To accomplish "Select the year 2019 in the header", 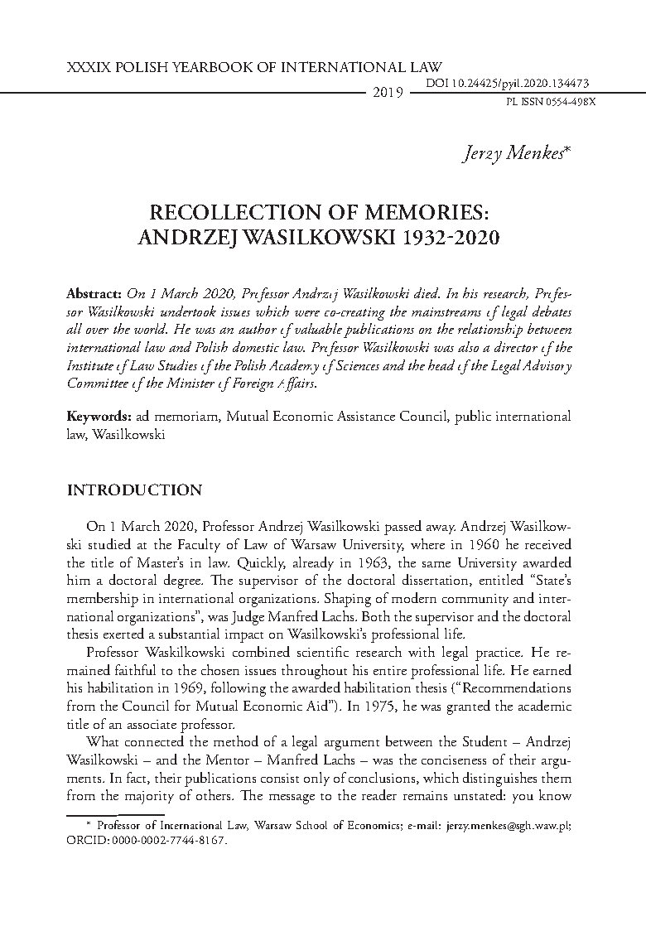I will pos(387,93).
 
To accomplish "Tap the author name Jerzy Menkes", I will pos(522,155).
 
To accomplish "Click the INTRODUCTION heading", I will pos(133,490).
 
